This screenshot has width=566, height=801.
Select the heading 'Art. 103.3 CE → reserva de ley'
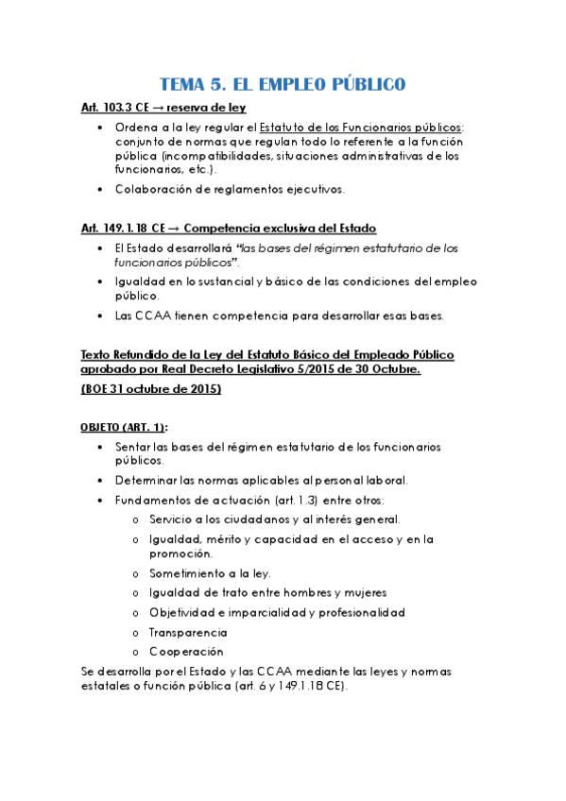point(163,109)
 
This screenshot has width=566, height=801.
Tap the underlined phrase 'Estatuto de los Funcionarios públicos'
point(375,127)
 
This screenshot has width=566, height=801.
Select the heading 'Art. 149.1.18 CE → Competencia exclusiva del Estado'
point(229,229)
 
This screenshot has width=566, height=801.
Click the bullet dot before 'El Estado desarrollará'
point(101,247)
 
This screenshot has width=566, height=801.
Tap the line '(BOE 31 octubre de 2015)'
point(151,390)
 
